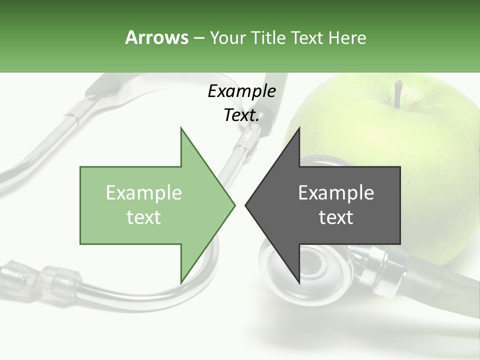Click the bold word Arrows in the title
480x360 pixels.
156,37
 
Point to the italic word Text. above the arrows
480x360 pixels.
241,115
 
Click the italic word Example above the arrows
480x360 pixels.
241,91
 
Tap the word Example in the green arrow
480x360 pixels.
143,193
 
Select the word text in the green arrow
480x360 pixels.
143,217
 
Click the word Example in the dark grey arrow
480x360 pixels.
336,193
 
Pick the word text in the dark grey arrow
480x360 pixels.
336,217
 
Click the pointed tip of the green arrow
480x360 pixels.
234,205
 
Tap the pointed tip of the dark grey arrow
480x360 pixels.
246,205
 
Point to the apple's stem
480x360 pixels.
397,94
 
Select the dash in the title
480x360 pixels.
198,38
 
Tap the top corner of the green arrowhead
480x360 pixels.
181,129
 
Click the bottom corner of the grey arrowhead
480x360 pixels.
299,283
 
